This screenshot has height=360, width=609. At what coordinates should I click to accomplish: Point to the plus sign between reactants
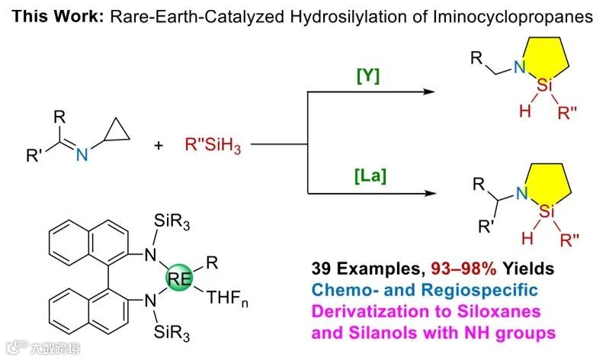pos(159,144)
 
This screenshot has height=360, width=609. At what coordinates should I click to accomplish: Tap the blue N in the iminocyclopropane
pos(82,156)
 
